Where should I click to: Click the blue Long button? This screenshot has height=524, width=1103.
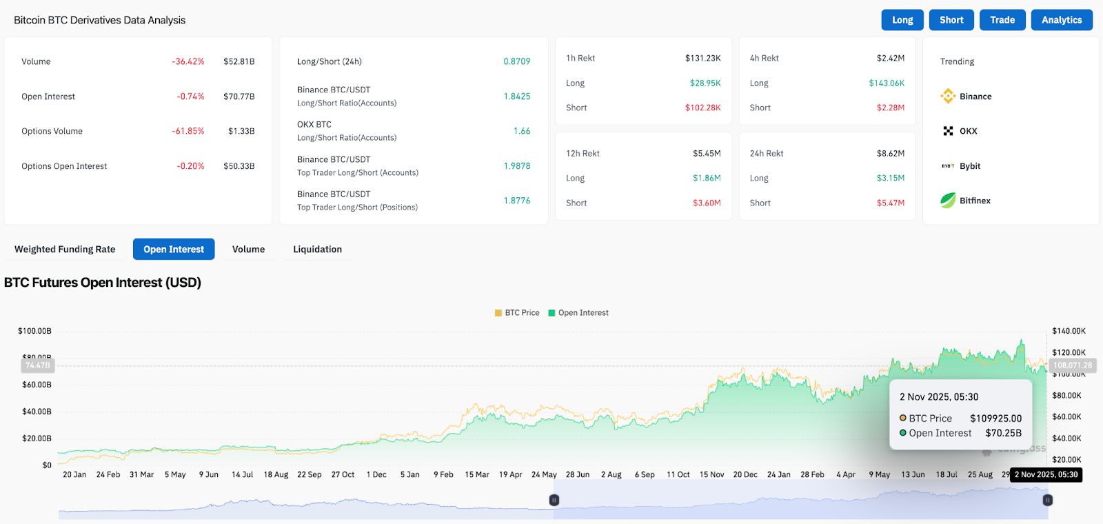(902, 20)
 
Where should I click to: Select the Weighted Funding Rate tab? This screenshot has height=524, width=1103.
(65, 249)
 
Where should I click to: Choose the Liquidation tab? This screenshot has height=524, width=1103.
(317, 249)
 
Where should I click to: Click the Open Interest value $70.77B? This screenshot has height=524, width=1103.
(239, 97)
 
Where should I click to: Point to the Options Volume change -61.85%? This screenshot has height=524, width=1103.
(188, 131)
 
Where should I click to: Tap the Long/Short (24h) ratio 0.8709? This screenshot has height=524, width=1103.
(516, 61)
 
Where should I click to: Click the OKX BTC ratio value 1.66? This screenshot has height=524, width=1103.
(522, 131)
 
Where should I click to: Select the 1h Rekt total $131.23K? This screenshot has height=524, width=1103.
(702, 58)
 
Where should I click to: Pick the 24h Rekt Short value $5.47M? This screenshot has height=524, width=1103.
(890, 203)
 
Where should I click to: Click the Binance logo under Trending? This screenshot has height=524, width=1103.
(948, 97)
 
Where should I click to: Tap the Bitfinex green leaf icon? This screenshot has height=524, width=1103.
(948, 201)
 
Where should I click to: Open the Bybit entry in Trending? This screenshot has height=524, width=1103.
(969, 166)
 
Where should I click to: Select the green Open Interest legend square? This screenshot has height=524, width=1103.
(551, 313)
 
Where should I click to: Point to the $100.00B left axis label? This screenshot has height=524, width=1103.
(34, 331)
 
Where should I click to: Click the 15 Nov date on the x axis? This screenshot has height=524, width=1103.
(711, 474)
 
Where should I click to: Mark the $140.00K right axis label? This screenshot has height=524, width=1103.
(1069, 331)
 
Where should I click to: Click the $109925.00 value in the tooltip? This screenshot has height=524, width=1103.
(995, 419)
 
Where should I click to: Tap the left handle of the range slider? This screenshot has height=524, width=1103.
(554, 500)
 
